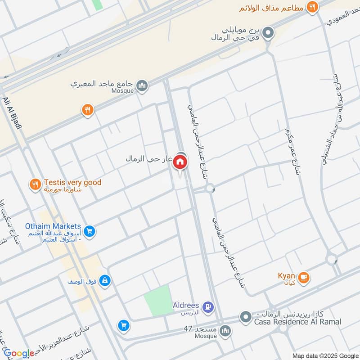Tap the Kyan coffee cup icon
pos(304,277)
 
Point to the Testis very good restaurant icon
pos(35,184)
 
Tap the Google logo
pos(18,353)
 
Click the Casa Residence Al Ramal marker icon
pos(245,318)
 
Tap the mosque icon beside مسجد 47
pos(225,331)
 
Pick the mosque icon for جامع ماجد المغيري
pos(142,85)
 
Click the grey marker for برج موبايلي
pos(268,32)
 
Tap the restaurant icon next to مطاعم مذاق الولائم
pos(311,7)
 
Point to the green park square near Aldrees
pos(159,300)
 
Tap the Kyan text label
pos(286,276)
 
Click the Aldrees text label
pos(186,306)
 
